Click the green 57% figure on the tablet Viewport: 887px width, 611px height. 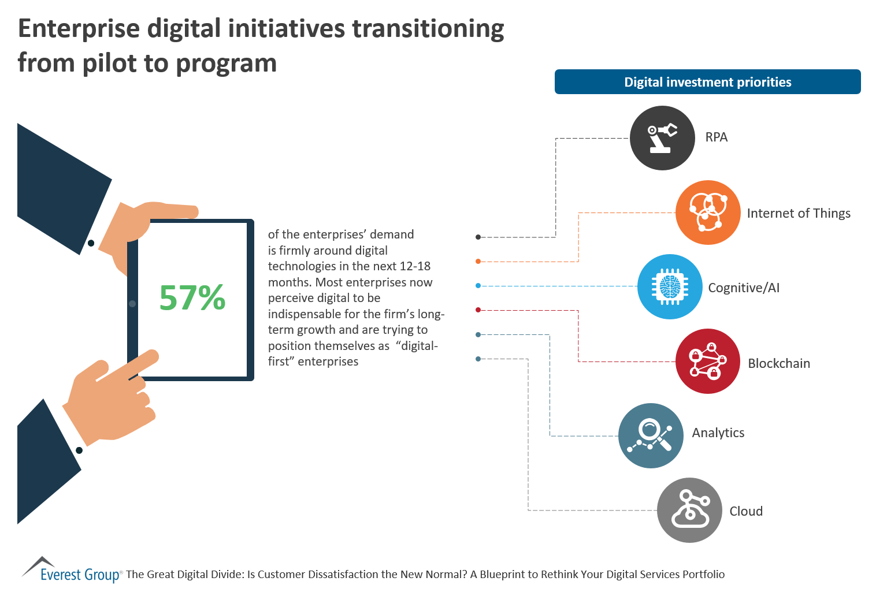[x=192, y=297]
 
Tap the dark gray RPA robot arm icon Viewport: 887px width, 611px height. [x=662, y=138]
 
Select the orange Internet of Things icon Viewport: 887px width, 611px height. [x=708, y=213]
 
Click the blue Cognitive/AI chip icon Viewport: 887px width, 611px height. [x=670, y=286]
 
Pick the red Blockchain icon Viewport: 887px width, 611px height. [x=708, y=362]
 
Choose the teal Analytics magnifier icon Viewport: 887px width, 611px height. [x=651, y=435]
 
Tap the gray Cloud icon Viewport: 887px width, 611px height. [x=689, y=510]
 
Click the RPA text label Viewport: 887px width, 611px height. [x=716, y=137]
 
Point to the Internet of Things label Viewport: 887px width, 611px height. [x=799, y=214]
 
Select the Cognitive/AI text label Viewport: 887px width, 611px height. [x=744, y=288]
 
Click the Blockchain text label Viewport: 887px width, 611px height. [x=779, y=363]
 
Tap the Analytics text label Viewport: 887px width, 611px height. [x=718, y=433]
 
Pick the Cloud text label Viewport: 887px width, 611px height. [x=746, y=511]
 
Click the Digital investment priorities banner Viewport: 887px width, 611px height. [x=707, y=82]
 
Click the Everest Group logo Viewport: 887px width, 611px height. [x=72, y=572]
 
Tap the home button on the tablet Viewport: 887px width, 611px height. [x=132, y=303]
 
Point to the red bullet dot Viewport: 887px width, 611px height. [x=478, y=310]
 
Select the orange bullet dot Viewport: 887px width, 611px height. [x=478, y=262]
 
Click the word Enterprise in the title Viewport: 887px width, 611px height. [x=79, y=29]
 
